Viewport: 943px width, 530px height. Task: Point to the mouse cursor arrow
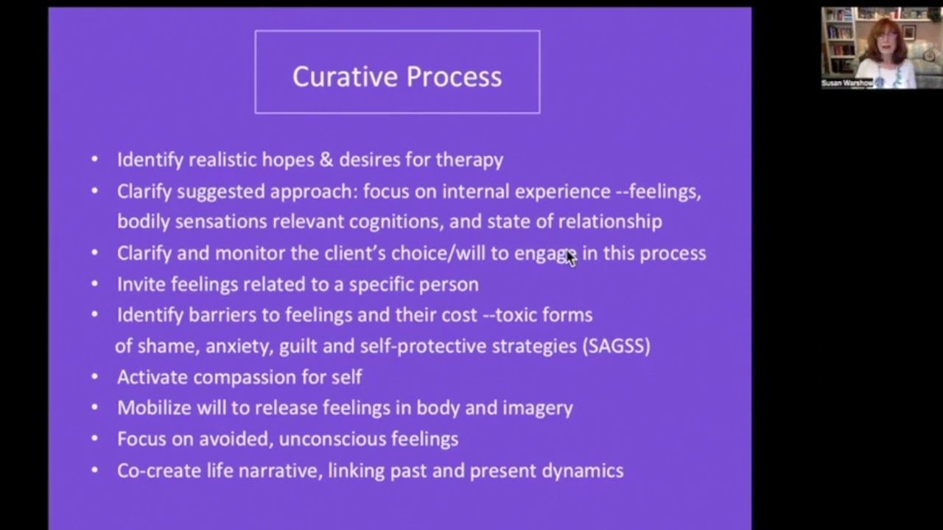pyautogui.click(x=570, y=257)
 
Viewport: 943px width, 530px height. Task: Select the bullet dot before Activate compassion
pyautogui.click(x=94, y=377)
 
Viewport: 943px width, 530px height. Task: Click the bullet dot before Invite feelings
pyautogui.click(x=94, y=283)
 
